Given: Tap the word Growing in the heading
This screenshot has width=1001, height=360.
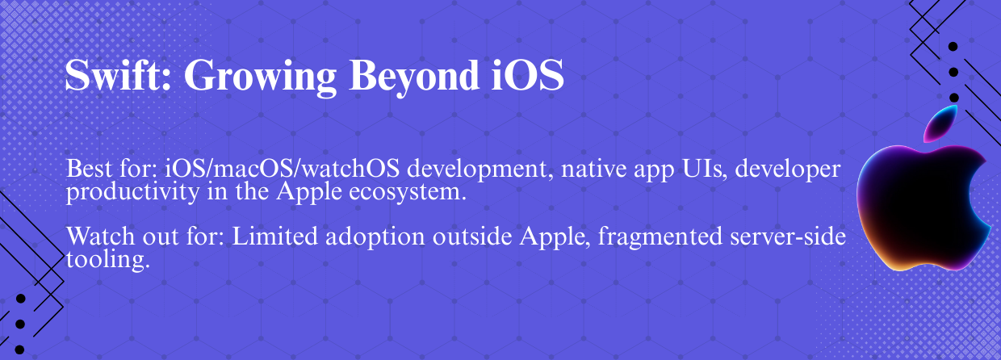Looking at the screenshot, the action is pos(260,77).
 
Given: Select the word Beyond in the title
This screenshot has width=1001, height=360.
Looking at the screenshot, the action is pos(414,77).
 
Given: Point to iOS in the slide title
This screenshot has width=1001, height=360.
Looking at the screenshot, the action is pos(528,74).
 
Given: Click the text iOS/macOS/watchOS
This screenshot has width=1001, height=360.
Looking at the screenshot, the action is pos(282,169).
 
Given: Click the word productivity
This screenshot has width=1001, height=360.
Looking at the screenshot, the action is pos(132,193).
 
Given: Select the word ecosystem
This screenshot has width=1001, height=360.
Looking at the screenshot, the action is pos(408,193).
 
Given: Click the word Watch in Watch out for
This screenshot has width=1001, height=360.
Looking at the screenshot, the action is pos(101,236).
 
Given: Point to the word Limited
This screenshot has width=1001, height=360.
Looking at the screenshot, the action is pos(274,236).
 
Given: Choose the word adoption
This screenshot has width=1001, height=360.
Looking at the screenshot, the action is pos(375,237).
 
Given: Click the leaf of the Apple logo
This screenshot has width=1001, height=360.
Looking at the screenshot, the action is pos(940,124).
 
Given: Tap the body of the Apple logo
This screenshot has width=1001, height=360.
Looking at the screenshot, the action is pos(920,207).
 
